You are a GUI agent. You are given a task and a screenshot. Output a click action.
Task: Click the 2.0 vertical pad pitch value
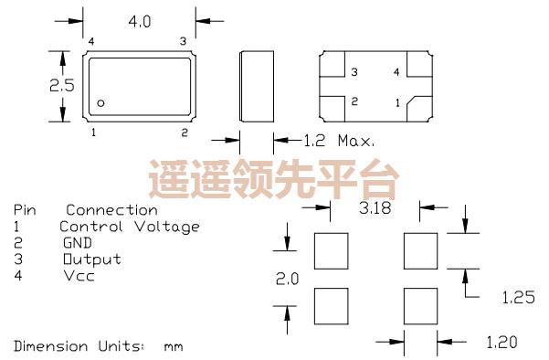(x=287, y=281)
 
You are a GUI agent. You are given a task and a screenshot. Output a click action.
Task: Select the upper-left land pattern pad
(x=331, y=249)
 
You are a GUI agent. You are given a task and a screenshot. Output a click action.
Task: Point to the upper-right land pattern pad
(x=421, y=249)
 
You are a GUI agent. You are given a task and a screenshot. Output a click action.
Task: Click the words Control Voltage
(x=129, y=227)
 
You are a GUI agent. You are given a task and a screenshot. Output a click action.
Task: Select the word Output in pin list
(x=91, y=259)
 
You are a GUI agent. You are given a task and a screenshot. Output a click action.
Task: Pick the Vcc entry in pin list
(x=79, y=276)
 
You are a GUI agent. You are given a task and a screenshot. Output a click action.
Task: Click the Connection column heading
(x=117, y=210)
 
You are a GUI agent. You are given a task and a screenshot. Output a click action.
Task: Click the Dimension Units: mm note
(x=98, y=346)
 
